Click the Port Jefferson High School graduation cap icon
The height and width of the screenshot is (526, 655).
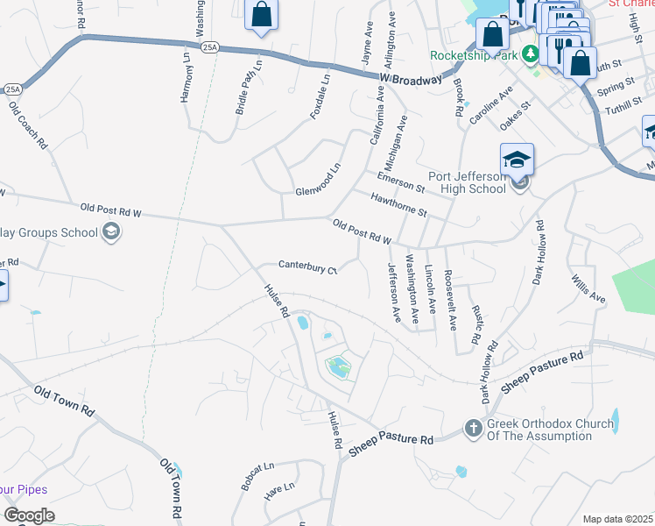[517, 160]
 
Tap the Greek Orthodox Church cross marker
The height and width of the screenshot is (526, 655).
[473, 430]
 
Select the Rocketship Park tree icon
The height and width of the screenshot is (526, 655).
[529, 54]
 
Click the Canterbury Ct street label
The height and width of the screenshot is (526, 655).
[307, 266]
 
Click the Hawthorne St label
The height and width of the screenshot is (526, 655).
[398, 207]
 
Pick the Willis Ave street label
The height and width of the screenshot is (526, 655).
[589, 289]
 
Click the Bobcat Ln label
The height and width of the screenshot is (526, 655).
[257, 474]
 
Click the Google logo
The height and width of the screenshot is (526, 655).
[29, 515]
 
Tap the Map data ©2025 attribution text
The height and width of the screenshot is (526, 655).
[617, 519]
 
